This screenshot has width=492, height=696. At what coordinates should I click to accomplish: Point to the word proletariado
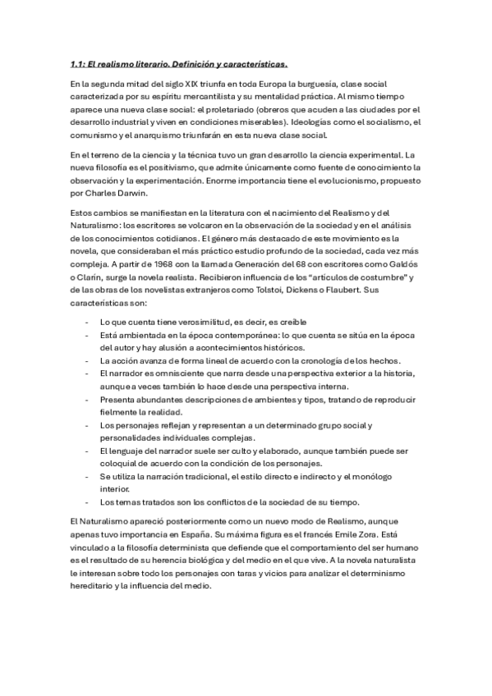(226, 109)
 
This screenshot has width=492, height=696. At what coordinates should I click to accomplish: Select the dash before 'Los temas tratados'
(87, 501)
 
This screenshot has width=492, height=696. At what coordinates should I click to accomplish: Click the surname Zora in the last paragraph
(362, 533)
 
